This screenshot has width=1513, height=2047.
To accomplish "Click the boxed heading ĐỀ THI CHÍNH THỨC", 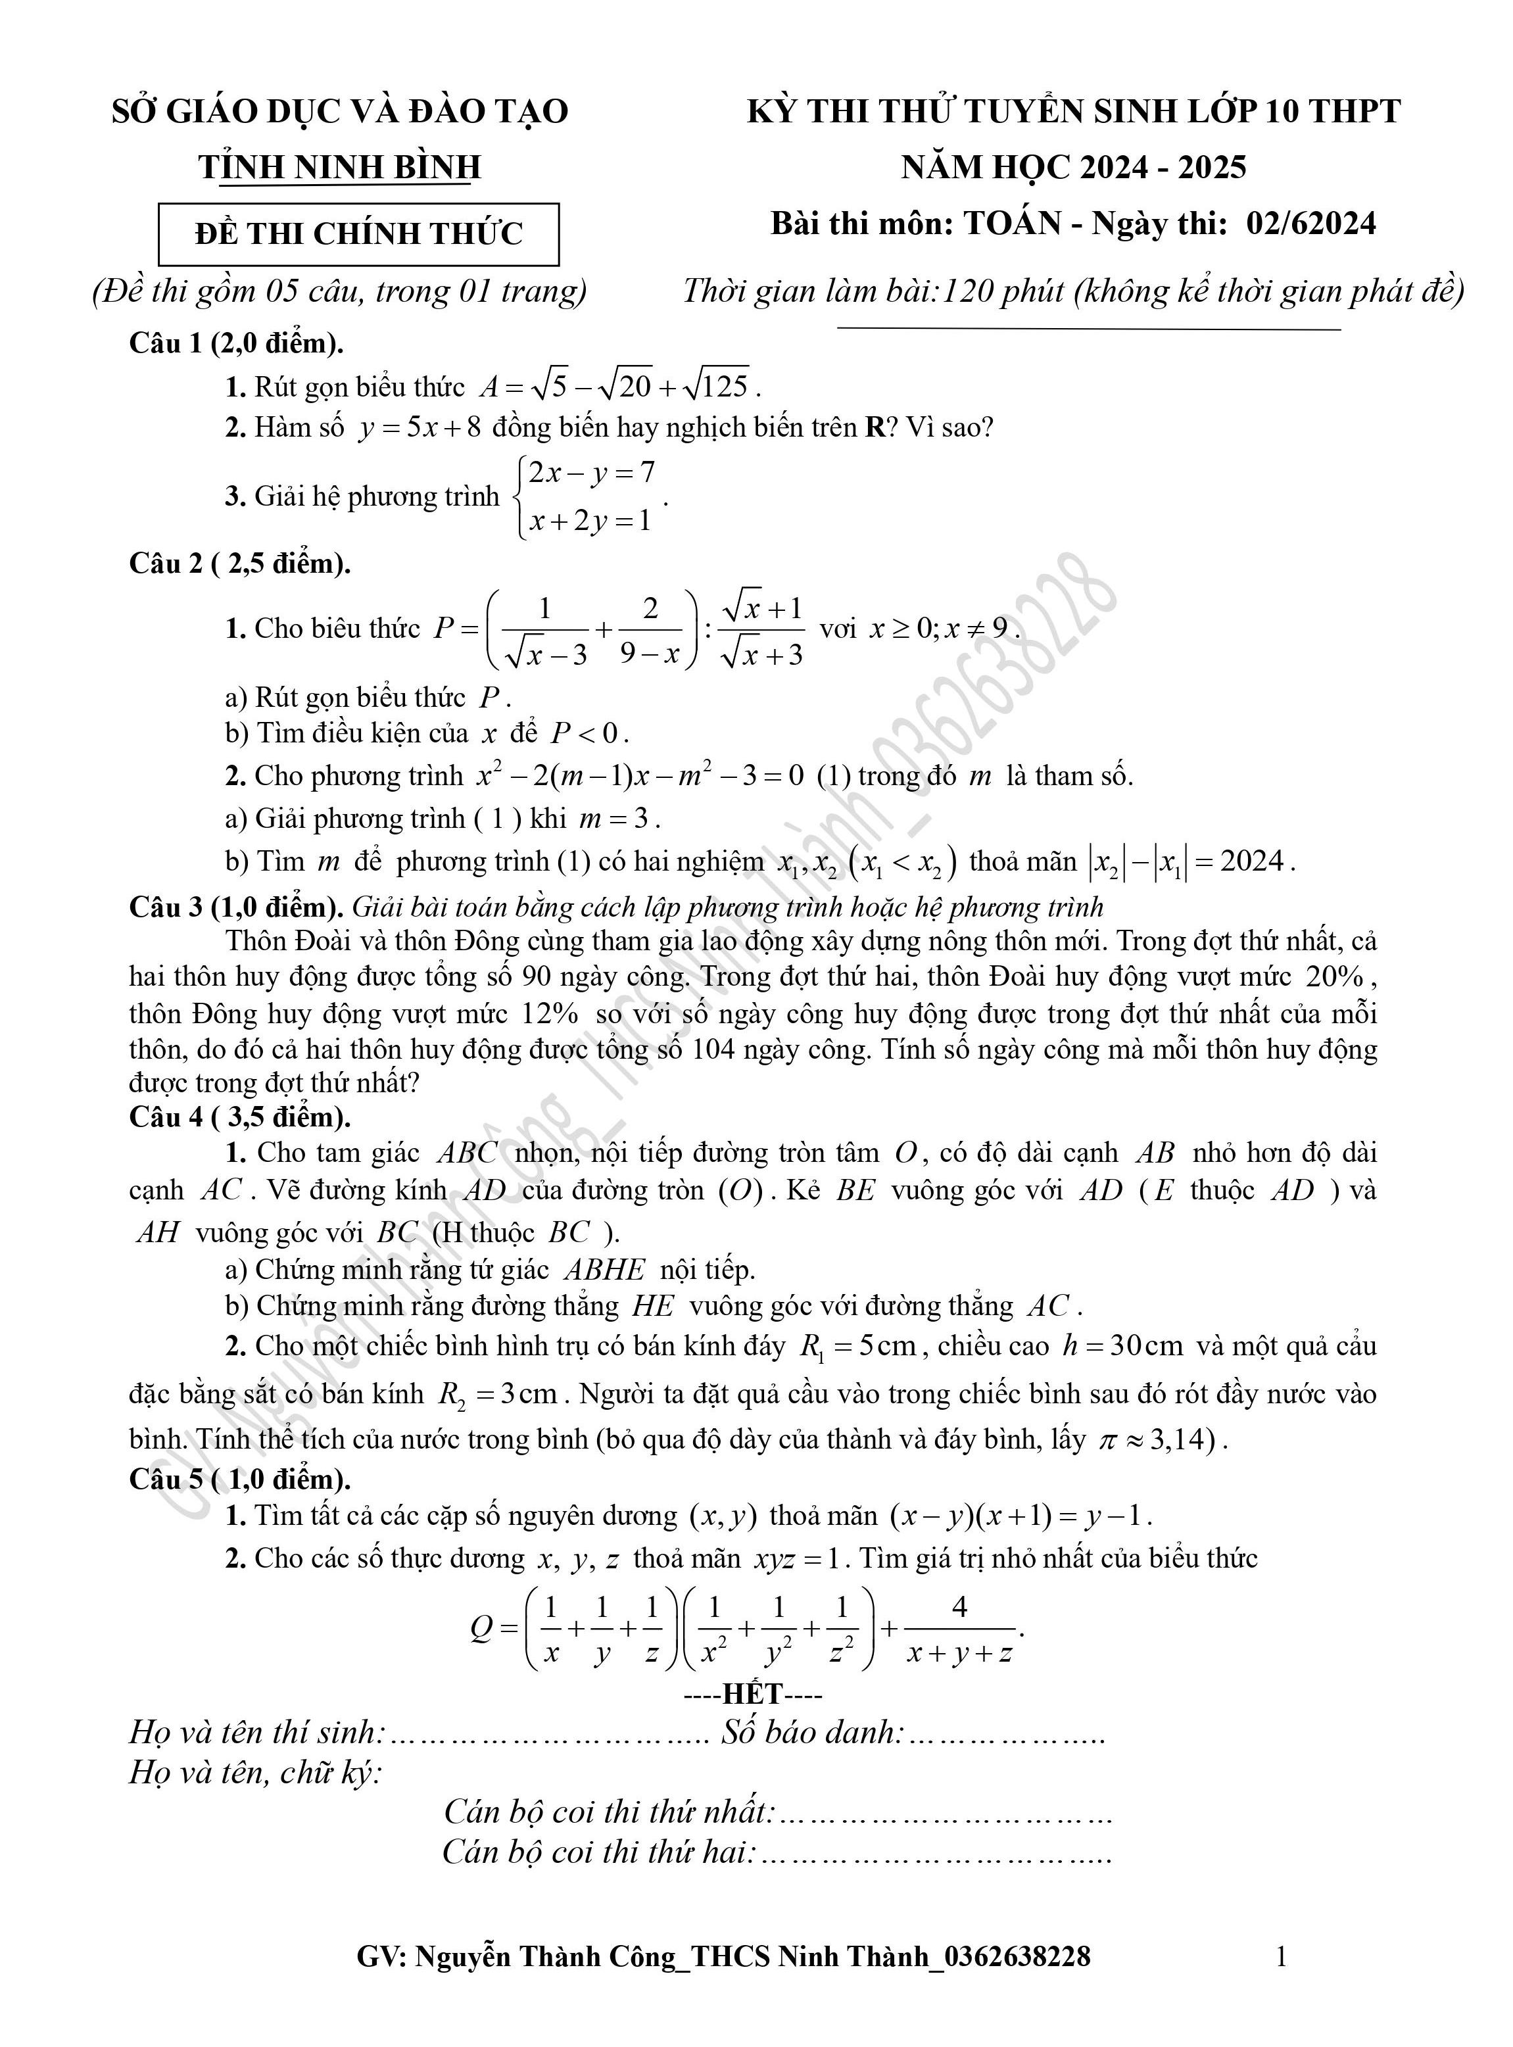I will click(358, 235).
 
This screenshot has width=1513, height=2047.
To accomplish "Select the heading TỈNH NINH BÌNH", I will click(340, 166).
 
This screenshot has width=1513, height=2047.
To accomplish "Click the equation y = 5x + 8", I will click(420, 427).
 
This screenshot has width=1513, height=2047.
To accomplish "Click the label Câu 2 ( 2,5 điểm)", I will click(240, 564).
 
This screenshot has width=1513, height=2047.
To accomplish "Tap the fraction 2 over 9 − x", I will click(651, 630).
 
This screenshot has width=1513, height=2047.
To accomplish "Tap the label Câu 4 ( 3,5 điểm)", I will click(240, 1117).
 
